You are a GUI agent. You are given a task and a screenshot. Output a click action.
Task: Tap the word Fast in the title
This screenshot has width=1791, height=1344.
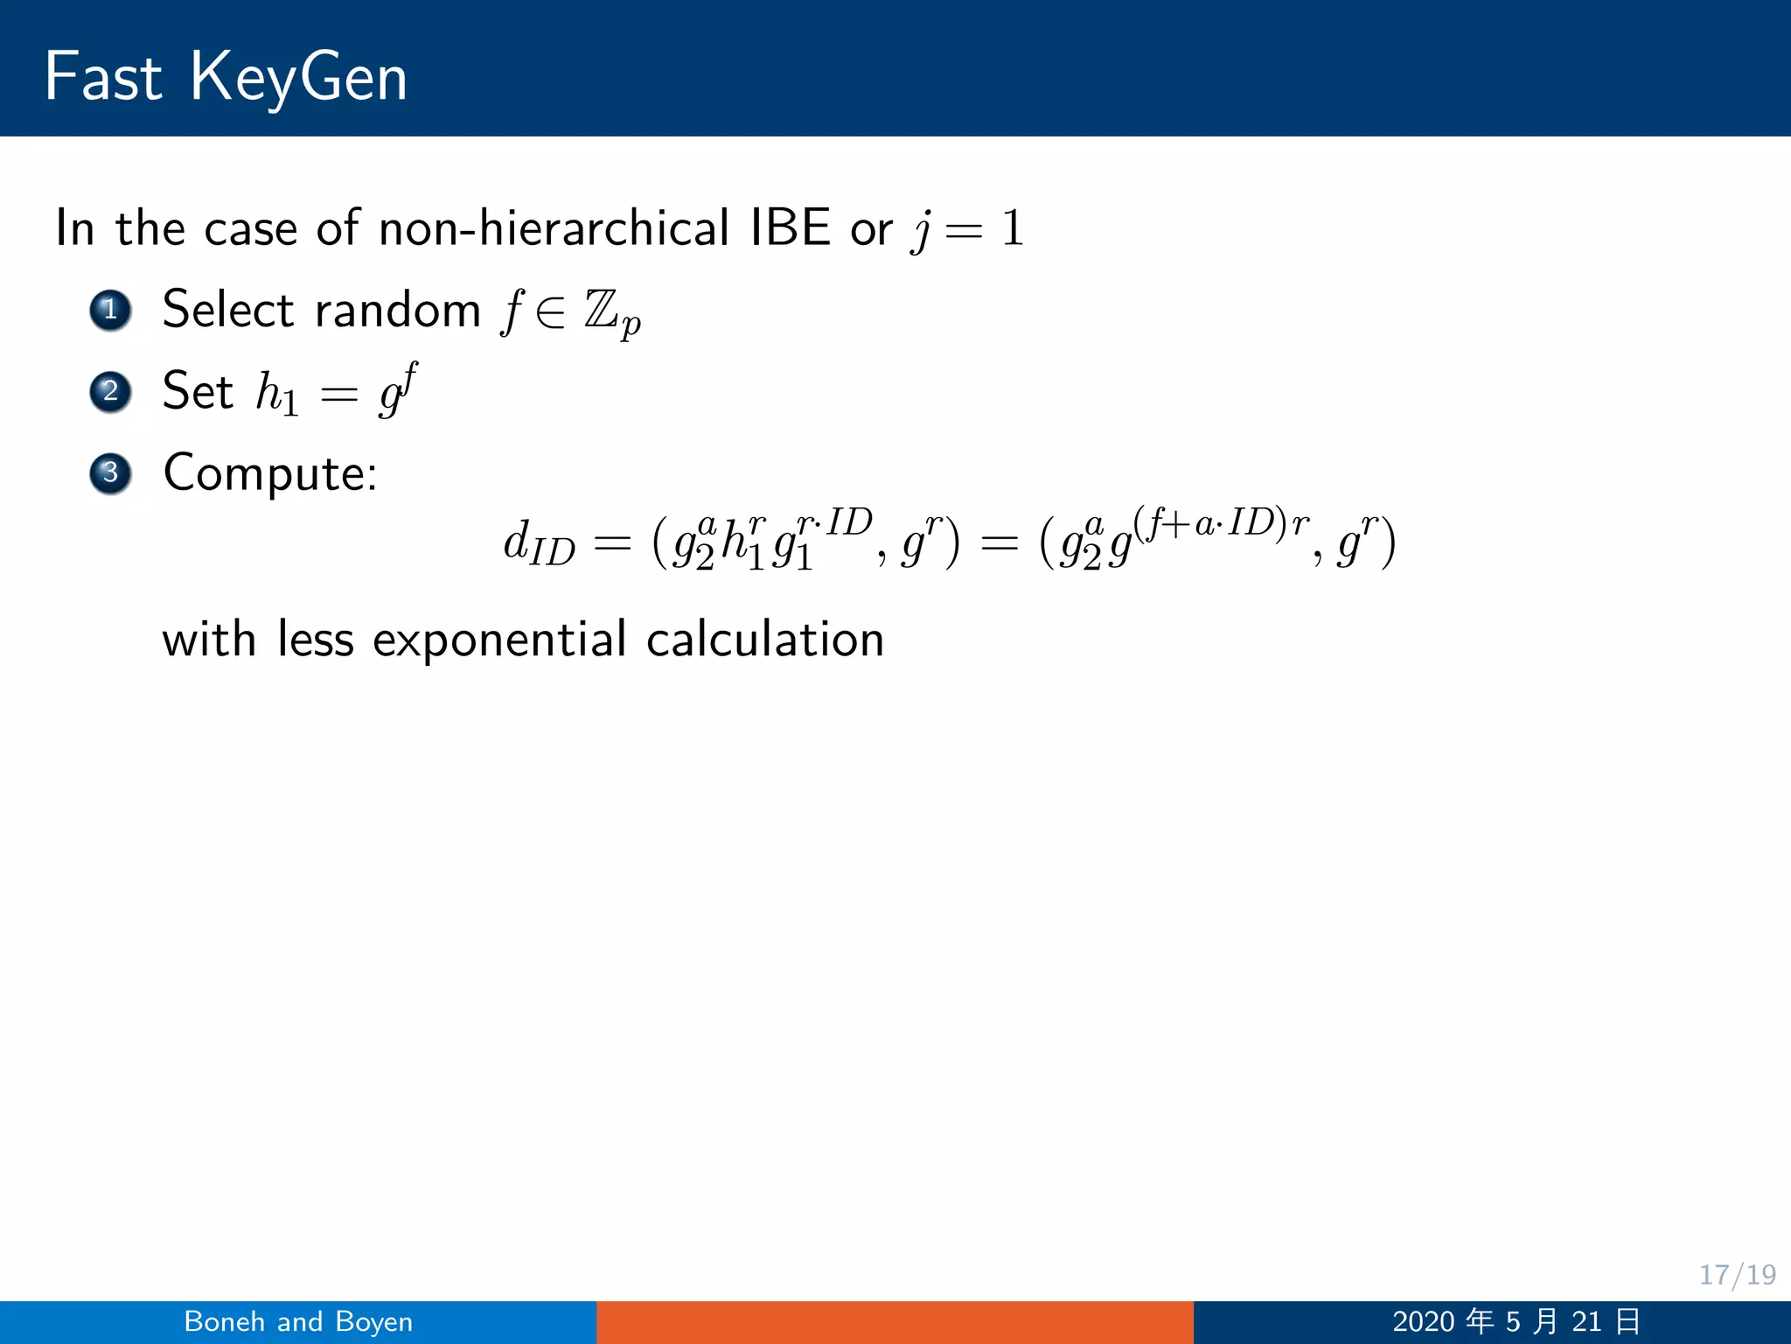(103, 77)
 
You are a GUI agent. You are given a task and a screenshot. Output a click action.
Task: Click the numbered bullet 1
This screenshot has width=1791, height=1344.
(110, 310)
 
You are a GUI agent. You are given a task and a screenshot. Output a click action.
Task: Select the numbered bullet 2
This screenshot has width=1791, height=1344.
(110, 391)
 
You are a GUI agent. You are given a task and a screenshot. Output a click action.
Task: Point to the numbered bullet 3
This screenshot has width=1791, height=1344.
(110, 473)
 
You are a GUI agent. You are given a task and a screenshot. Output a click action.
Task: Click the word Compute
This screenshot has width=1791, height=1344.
(269, 473)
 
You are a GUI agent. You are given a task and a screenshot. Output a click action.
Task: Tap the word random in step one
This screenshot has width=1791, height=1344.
(398, 310)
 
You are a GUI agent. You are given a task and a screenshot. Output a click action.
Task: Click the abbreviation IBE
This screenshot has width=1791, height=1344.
(790, 228)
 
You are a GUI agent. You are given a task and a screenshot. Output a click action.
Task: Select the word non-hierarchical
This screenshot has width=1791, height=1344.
(554, 228)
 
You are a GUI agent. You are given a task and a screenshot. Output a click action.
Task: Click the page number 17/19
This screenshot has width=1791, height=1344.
(1737, 1275)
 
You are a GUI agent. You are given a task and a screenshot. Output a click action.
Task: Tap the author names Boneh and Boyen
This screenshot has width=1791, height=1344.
(298, 1321)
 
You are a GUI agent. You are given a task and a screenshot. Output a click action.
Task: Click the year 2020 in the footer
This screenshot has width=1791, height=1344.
(1423, 1321)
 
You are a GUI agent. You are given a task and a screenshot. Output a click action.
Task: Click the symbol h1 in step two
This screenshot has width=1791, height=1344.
(276, 393)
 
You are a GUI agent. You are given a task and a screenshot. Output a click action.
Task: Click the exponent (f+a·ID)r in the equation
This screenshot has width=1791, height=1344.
(1221, 523)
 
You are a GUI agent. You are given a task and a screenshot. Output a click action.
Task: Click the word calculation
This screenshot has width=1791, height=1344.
(765, 640)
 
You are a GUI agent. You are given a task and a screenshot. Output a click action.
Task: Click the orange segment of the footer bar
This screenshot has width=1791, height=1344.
(895, 1321)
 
